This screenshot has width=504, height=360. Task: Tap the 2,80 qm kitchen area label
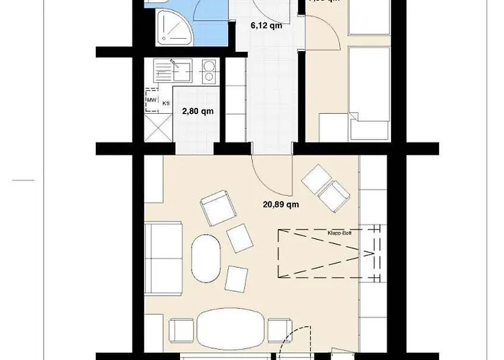197,112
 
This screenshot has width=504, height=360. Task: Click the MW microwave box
152,100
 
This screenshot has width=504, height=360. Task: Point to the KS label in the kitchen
166,104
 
